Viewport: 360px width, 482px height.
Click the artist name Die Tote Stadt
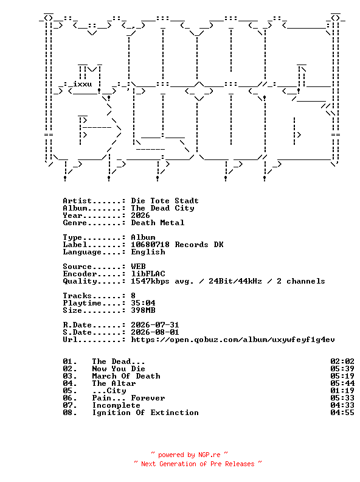pos(165,201)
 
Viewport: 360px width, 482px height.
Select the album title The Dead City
pos(162,208)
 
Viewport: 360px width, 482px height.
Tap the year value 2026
pos(140,215)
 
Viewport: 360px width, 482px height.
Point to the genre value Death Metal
pos(157,223)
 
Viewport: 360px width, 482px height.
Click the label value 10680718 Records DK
pos(177,245)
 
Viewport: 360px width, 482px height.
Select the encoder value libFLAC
pos(148,274)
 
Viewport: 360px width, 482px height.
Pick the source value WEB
pos(138,267)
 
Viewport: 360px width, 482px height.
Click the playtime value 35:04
pos(143,303)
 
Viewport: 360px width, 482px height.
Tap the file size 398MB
pos(143,310)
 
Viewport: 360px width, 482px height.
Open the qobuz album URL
pos(233,340)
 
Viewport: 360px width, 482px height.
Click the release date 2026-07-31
pos(155,325)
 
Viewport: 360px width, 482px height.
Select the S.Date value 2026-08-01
pos(155,332)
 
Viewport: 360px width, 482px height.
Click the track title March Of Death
pos(126,376)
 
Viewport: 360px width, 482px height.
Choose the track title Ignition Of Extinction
pos(145,413)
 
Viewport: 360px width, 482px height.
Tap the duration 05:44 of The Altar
pos(342,383)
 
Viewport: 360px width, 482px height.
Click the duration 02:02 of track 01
pos(342,361)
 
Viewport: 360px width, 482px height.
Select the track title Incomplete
pos(116,405)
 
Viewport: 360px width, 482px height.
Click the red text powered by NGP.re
pos(189,455)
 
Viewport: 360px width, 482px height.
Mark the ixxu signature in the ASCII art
pos(83,84)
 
